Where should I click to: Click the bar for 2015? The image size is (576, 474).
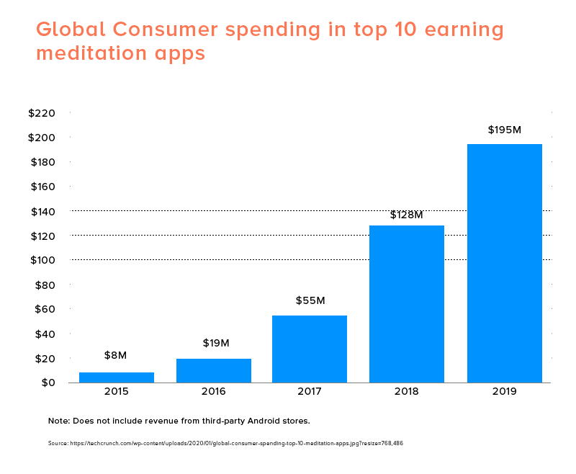(x=117, y=377)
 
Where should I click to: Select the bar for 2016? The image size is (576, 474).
(x=214, y=370)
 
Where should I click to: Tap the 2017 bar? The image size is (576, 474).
(x=310, y=349)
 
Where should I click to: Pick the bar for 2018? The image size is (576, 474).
(x=407, y=304)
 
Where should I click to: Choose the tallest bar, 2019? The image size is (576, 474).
(x=504, y=263)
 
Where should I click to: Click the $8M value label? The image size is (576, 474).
(x=116, y=355)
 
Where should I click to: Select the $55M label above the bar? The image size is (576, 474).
(x=310, y=300)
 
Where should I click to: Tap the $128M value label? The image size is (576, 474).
(x=407, y=215)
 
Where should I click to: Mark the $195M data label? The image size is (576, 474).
(x=504, y=130)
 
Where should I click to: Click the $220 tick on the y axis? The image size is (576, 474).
(x=42, y=113)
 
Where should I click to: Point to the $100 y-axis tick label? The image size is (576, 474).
(x=42, y=260)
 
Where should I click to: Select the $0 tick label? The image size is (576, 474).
(x=48, y=383)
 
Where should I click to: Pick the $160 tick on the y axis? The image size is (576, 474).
(x=42, y=187)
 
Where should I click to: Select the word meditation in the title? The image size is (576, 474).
(x=94, y=54)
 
